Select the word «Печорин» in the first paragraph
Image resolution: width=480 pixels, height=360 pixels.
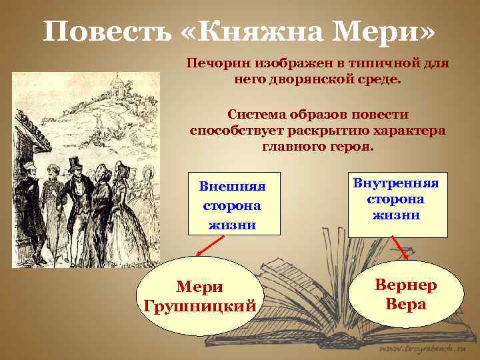click(x=215, y=63)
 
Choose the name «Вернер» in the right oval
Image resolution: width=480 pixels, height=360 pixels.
click(x=405, y=286)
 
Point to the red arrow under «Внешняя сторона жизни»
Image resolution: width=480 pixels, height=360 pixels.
click(x=208, y=248)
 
